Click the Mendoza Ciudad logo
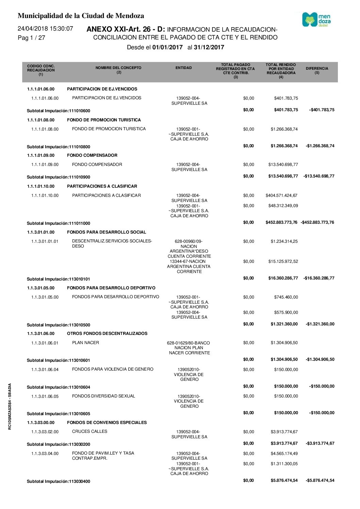point(316,20)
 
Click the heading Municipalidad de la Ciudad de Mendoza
point(81,16)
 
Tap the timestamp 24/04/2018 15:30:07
point(45,29)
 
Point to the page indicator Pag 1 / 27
point(31,38)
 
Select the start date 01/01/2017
point(167,48)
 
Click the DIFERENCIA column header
point(317,70)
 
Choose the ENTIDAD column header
point(183,68)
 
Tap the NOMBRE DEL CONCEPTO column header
point(118,70)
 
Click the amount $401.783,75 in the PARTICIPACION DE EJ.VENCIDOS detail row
point(286,98)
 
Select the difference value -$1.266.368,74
point(320,146)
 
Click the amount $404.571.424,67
point(281,196)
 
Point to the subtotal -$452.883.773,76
point(317,222)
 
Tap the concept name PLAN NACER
point(85,343)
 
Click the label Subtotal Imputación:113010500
point(59,325)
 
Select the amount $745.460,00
point(286,297)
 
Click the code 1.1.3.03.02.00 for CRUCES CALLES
point(45,432)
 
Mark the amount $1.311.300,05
point(284,464)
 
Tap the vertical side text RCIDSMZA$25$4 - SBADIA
point(10,406)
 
